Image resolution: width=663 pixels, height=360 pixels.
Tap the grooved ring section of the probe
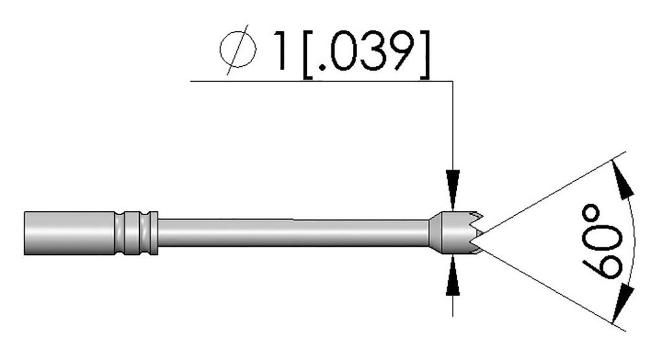[135, 232]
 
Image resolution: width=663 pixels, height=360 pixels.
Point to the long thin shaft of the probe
[291, 232]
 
